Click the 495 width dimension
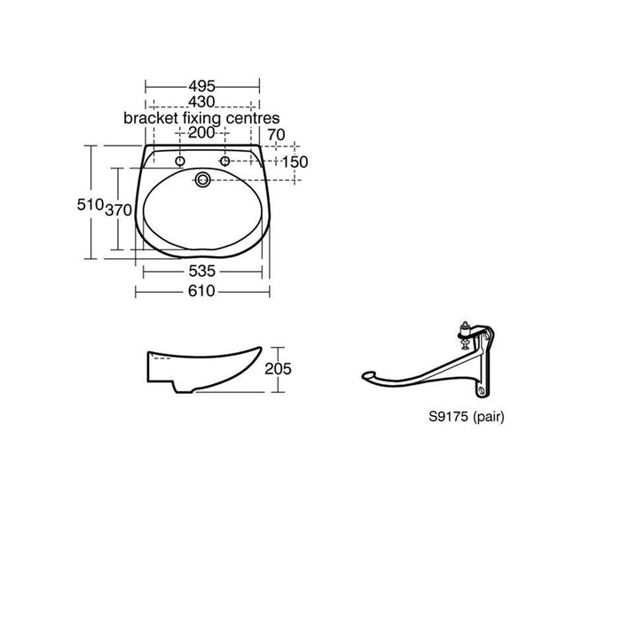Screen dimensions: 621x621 pyautogui.click(x=202, y=86)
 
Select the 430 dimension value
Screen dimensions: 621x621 pyautogui.click(x=201, y=102)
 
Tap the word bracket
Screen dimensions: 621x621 pyautogui.click(x=151, y=118)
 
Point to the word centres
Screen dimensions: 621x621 pyautogui.click(x=253, y=118)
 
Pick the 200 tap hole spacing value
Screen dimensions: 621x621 pyautogui.click(x=201, y=133)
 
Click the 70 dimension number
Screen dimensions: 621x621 pyautogui.click(x=277, y=135)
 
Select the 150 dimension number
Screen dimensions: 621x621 pyautogui.click(x=295, y=162)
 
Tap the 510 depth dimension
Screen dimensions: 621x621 pyautogui.click(x=90, y=205)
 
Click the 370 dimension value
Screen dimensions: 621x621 pyautogui.click(x=118, y=210)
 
